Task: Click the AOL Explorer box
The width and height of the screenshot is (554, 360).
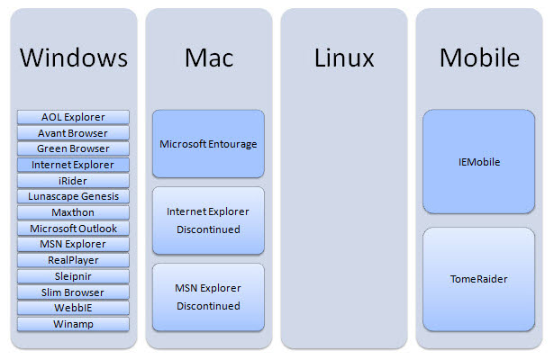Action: pyautogui.click(x=73, y=117)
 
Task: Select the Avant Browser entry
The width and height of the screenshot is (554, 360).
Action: pyautogui.click(x=73, y=133)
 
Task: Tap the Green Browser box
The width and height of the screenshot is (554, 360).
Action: pyautogui.click(x=73, y=148)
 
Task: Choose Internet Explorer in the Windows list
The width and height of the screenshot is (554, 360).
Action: pyautogui.click(x=73, y=165)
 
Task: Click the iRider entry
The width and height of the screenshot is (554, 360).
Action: pyautogui.click(x=73, y=181)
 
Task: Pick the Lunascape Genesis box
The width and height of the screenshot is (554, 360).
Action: pyautogui.click(x=73, y=196)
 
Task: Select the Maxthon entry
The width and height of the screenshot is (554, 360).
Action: pyautogui.click(x=73, y=212)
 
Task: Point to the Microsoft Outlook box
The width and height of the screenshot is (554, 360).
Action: pyautogui.click(x=73, y=229)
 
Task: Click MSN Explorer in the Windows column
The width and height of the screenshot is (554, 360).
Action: pyautogui.click(x=73, y=244)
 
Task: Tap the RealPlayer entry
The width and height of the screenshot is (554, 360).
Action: pyautogui.click(x=73, y=260)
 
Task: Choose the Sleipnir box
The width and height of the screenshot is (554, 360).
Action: pyautogui.click(x=73, y=276)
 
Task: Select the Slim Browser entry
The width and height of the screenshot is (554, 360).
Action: pyautogui.click(x=73, y=292)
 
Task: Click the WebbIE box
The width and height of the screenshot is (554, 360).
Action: pyautogui.click(x=73, y=308)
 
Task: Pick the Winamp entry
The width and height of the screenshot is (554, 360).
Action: pyautogui.click(x=73, y=324)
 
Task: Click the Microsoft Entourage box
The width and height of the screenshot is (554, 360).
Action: pyautogui.click(x=208, y=144)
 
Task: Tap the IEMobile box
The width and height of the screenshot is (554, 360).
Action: pyautogui.click(x=478, y=162)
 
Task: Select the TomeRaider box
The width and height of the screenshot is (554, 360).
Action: pyautogui.click(x=478, y=279)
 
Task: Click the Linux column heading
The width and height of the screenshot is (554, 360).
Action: pyautogui.click(x=343, y=58)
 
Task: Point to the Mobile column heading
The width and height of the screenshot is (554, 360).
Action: pyautogui.click(x=478, y=58)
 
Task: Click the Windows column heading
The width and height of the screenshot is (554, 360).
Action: pyautogui.click(x=73, y=58)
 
